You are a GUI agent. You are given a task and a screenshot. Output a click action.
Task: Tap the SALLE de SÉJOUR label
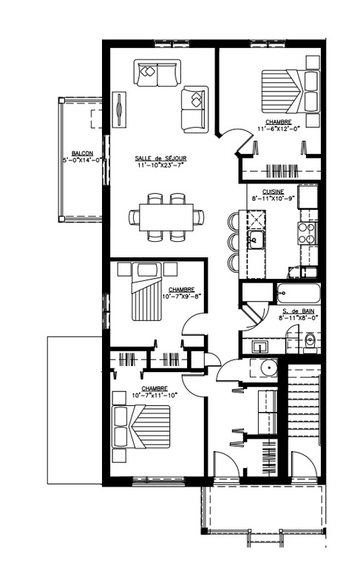pyautogui.click(x=160, y=158)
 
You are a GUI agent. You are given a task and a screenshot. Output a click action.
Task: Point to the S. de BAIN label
pyautogui.click(x=299, y=311)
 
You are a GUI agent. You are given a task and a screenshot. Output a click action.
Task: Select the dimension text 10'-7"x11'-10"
pyautogui.click(x=154, y=395)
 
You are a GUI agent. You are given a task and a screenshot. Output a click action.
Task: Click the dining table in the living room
pyautogui.click(x=166, y=217)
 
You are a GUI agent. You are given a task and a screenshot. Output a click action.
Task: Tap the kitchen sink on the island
pyautogui.click(x=256, y=239)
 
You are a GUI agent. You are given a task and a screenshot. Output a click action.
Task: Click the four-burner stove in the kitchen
pyautogui.click(x=306, y=234)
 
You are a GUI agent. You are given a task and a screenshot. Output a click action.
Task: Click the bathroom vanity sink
pyautogui.click(x=259, y=345)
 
